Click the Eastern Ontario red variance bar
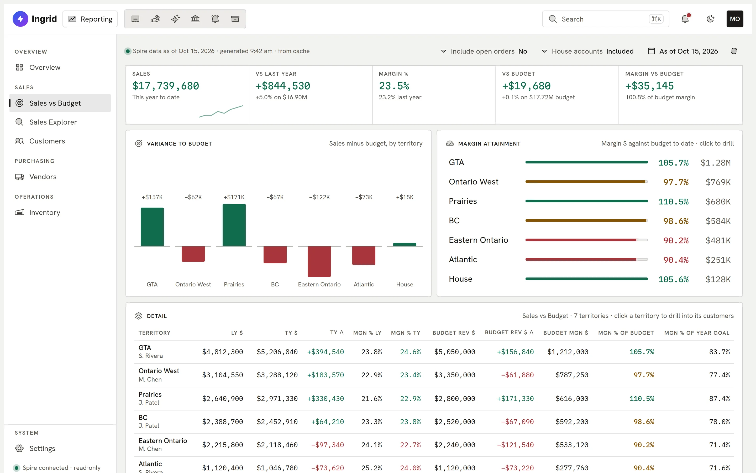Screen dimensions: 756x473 (319, 261)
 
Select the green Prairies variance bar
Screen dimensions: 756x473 (234, 225)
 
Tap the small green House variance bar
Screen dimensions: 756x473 (405, 244)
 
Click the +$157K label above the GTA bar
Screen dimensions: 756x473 (152, 197)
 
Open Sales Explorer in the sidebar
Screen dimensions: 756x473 (53, 122)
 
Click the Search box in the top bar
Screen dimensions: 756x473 (605, 19)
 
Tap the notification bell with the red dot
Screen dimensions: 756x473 (685, 19)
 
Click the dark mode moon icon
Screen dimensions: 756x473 (710, 19)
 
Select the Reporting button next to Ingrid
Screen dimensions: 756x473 (90, 19)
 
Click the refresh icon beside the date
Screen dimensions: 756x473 (734, 51)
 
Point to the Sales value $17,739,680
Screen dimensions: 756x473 (166, 86)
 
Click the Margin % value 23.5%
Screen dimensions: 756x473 (394, 86)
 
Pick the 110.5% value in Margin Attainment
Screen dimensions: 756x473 (673, 202)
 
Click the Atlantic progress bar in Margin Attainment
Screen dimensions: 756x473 (586, 259)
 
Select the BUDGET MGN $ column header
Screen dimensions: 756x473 (565, 333)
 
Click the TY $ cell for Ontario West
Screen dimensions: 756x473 (277, 375)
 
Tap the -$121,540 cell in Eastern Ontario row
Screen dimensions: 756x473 (515, 445)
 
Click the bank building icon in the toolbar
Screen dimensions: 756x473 (195, 19)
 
